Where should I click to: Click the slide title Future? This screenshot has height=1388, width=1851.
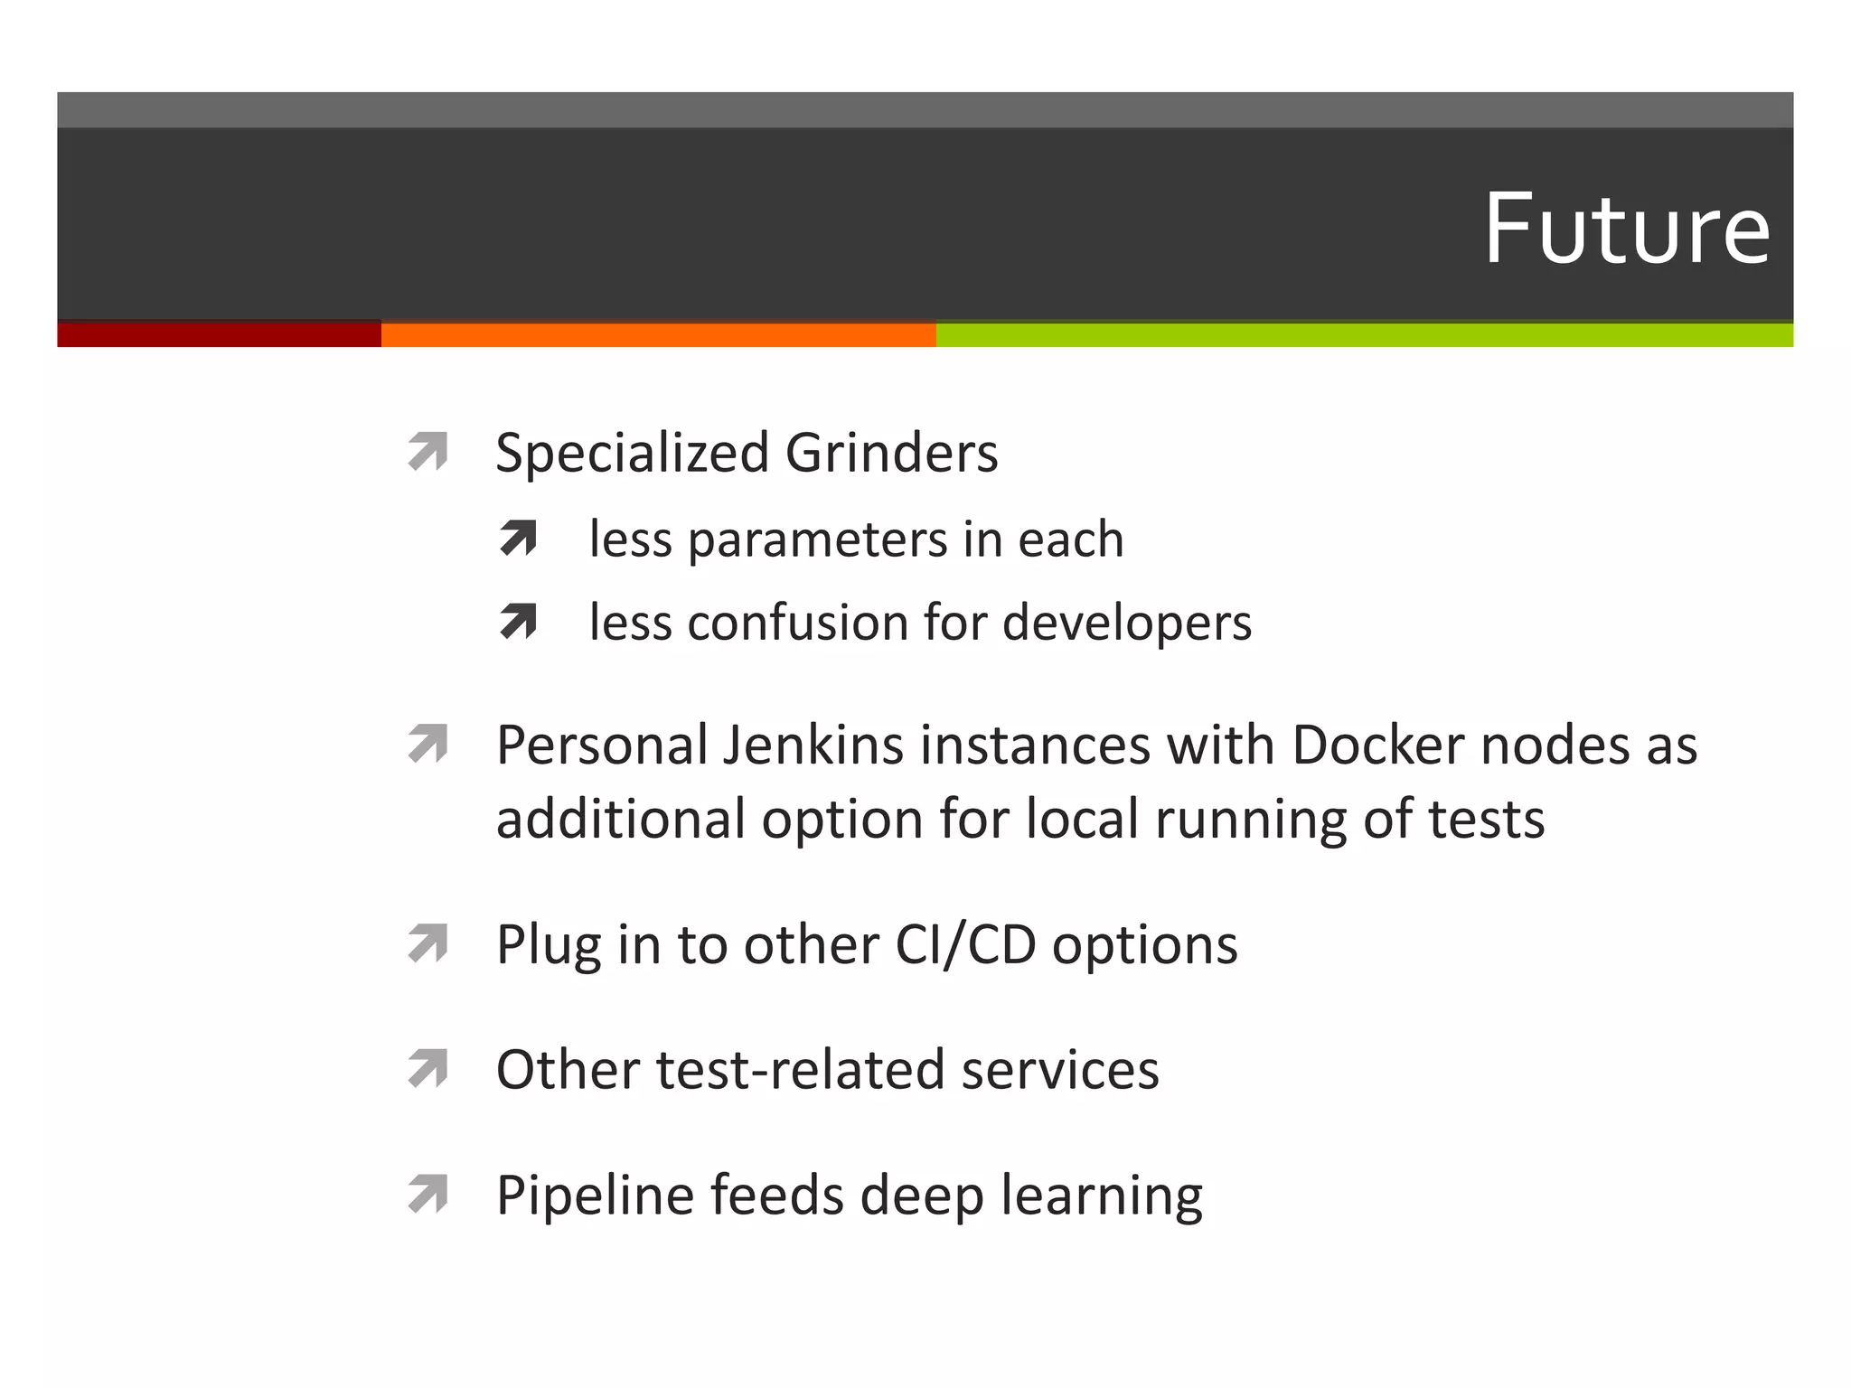tap(1626, 229)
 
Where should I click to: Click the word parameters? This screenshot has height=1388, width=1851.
tap(818, 540)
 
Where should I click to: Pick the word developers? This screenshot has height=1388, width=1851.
tap(1127, 623)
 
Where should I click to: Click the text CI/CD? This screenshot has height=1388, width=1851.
tap(965, 945)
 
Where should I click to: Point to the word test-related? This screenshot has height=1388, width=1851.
tap(801, 1070)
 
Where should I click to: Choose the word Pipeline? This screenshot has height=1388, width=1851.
tap(595, 1196)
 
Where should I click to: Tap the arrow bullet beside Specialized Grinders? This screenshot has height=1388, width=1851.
tap(428, 452)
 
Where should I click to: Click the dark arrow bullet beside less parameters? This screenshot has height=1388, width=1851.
tap(518, 539)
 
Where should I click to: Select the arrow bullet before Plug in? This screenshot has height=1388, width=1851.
tap(428, 943)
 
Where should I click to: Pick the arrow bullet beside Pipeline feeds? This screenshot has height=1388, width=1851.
tap(428, 1194)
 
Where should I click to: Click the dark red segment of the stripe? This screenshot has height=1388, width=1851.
tap(219, 334)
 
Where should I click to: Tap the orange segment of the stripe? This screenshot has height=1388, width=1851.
tap(658, 334)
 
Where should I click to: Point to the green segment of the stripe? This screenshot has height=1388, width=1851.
tap(1364, 334)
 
